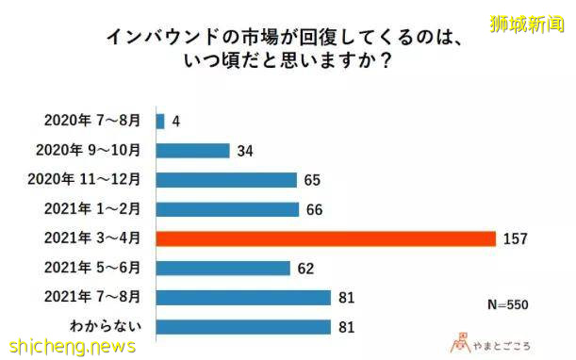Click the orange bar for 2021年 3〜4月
click(325, 238)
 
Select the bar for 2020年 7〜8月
click(160, 121)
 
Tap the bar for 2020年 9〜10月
click(192, 151)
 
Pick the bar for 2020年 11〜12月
click(226, 180)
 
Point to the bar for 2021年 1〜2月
click(227, 209)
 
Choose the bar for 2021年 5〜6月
click(222, 268)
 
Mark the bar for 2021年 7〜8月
click(243, 298)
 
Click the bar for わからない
click(243, 327)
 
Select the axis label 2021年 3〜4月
click(90, 238)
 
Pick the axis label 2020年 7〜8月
click(90, 121)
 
